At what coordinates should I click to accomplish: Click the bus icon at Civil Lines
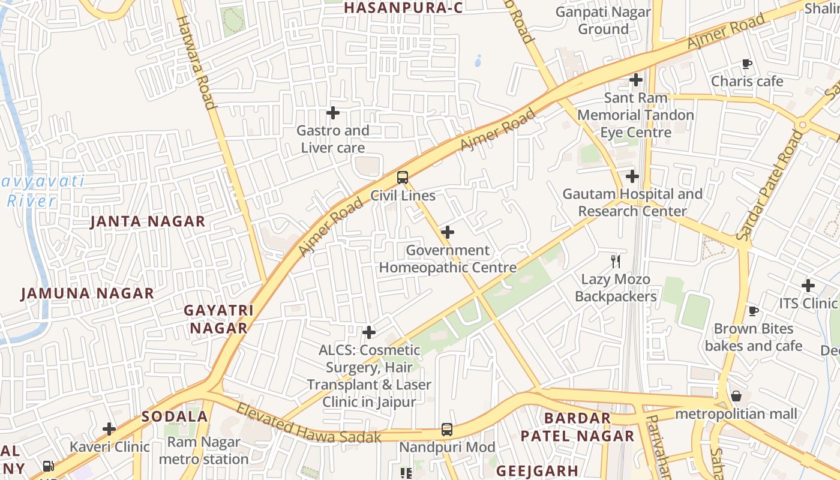click(403, 178)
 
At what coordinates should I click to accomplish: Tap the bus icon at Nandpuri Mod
click(447, 429)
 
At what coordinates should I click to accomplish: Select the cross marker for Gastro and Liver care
click(333, 113)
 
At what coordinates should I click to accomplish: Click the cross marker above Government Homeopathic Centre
click(447, 232)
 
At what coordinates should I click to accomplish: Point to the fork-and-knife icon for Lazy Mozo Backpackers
click(615, 261)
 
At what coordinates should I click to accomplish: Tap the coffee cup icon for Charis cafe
click(747, 64)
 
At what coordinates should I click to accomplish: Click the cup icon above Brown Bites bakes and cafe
click(754, 311)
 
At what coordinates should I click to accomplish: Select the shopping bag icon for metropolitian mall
click(736, 396)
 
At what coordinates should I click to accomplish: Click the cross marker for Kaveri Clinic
click(109, 429)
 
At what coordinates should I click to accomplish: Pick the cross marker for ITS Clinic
click(808, 286)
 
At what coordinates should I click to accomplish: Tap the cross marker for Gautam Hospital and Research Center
click(632, 176)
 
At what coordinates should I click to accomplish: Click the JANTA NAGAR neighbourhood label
click(148, 221)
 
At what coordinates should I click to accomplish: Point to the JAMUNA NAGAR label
click(88, 293)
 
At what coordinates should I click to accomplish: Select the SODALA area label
click(175, 416)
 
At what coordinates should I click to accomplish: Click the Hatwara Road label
click(196, 62)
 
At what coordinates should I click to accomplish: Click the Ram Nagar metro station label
click(204, 451)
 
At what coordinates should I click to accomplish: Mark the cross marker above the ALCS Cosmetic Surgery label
click(369, 332)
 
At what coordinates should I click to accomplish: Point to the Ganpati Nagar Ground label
click(603, 20)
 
